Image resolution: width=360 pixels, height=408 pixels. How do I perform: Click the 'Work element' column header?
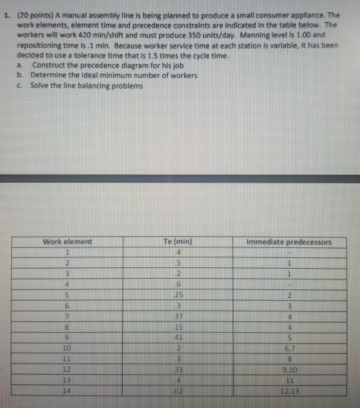[67, 241]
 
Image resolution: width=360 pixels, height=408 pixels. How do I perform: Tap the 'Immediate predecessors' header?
[287, 241]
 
